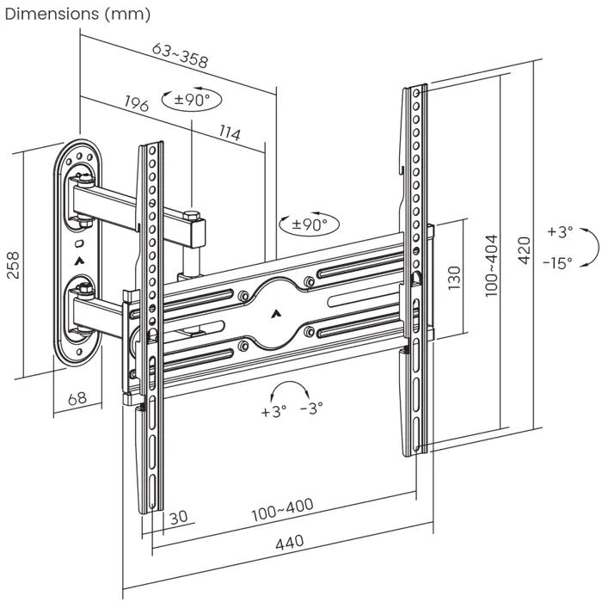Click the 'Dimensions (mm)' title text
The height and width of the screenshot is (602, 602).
(77, 14)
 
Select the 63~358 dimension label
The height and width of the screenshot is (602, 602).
(181, 55)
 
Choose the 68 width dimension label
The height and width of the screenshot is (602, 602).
(77, 398)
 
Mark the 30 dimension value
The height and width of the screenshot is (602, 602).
(179, 517)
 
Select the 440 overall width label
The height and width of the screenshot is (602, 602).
(290, 544)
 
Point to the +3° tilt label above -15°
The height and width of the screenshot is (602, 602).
(559, 232)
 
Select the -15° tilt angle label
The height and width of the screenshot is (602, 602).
(557, 263)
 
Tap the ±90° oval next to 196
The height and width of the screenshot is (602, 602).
(191, 100)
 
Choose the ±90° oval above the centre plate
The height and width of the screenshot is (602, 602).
(310, 225)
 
